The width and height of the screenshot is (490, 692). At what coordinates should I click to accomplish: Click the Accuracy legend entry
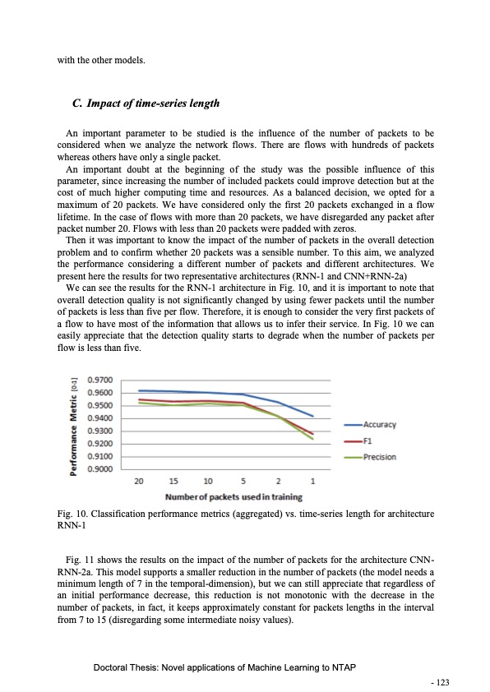pyautogui.click(x=380, y=425)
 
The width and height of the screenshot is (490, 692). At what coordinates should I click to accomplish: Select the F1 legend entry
pyautogui.click(x=368, y=441)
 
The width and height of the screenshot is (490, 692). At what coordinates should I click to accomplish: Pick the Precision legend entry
pyautogui.click(x=379, y=457)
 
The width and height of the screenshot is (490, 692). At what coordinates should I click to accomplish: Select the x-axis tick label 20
pyautogui.click(x=139, y=481)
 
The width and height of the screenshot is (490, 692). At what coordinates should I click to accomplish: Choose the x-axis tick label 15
pyautogui.click(x=173, y=481)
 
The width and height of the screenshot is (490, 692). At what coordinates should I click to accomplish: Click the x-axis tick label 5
pyautogui.click(x=244, y=481)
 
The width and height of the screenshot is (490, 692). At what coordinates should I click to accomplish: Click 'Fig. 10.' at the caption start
pyautogui.click(x=73, y=515)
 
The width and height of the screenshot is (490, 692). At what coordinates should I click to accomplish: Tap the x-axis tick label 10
pyautogui.click(x=208, y=481)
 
